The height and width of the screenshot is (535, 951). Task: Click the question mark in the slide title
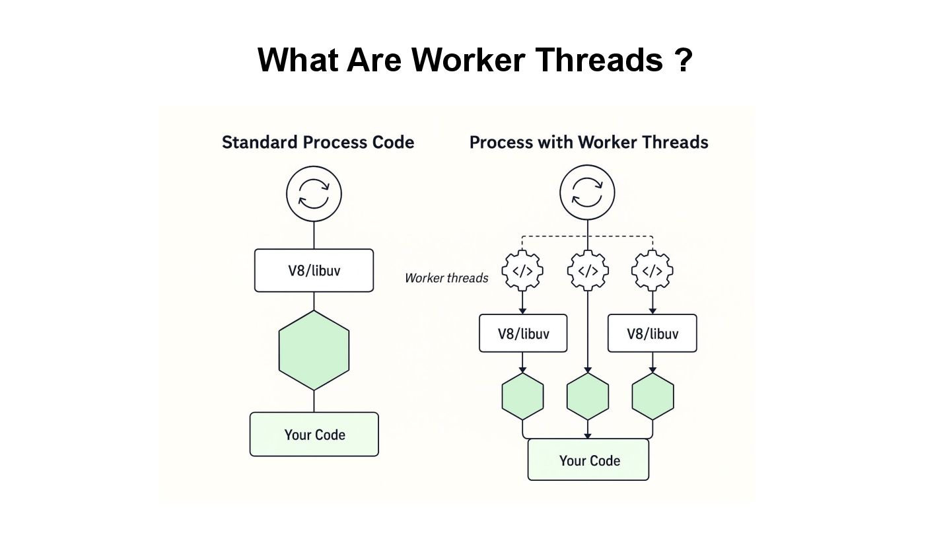coord(684,60)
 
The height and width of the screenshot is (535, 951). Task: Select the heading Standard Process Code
coord(318,142)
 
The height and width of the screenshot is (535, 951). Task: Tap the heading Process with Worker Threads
coord(588,142)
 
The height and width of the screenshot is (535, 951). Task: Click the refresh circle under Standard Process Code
coord(314,194)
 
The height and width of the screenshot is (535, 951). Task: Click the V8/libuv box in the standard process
coord(314,270)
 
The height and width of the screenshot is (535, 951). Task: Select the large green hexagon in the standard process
coord(314,350)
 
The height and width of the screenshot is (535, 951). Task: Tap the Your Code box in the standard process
coord(314,434)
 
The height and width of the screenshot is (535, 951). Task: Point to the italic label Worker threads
coord(446,278)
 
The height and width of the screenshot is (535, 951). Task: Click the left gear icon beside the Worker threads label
coord(522,271)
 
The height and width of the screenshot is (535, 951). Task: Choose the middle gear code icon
coord(588,271)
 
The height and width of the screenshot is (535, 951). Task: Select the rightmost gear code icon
coord(652,271)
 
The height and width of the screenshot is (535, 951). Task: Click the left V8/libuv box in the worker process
coord(522,333)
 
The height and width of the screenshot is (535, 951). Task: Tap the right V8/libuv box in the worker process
coord(652,333)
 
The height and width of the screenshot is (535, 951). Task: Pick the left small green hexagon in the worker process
coord(522,396)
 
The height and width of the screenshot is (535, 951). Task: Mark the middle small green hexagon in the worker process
coord(588,396)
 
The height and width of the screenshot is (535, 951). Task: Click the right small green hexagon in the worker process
coord(652,396)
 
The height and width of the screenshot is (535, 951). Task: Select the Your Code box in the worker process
coord(588,460)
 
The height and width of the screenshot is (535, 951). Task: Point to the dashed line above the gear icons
coord(555,236)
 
